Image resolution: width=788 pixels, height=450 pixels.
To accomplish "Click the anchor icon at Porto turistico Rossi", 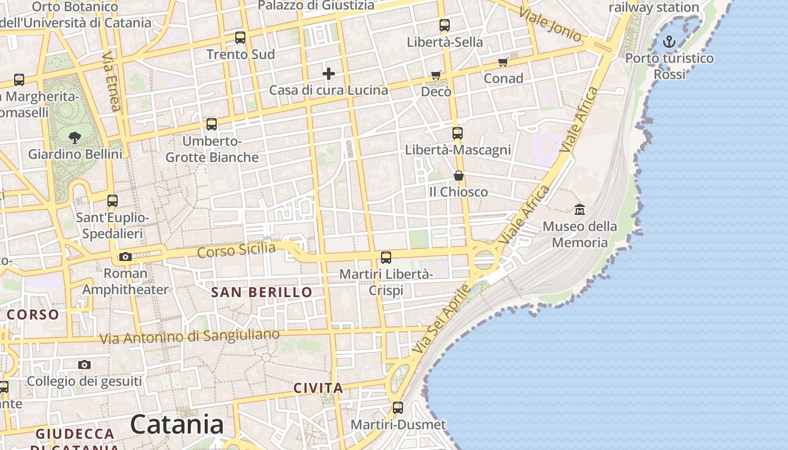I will point(669,41).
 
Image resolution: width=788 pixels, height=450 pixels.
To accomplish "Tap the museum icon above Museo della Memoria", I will point(580,210).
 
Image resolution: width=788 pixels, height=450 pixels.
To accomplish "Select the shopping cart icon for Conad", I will point(503,62).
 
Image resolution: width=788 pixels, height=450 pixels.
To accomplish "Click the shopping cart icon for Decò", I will point(436,75).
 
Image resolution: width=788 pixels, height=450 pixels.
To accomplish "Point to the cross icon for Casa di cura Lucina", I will point(329,74).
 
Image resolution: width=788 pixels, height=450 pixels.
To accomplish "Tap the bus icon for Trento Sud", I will point(240,38).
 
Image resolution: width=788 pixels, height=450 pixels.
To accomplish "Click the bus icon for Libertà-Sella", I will point(445,25).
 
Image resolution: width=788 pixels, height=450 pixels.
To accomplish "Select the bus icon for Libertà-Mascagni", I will point(458,133).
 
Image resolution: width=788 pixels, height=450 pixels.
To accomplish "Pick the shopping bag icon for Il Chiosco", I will point(459,175).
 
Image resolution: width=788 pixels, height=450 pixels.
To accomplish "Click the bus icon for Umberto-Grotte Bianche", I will point(212,124).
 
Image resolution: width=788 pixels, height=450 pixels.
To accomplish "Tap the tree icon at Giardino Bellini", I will point(74,137).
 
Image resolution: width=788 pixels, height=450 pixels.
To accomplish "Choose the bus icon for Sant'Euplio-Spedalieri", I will point(113,201).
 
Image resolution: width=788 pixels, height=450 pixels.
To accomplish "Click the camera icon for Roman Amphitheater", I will point(126,257).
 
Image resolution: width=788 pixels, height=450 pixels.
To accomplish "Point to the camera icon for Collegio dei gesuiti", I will point(84,364).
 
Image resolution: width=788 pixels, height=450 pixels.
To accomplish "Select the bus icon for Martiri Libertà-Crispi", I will point(386,258).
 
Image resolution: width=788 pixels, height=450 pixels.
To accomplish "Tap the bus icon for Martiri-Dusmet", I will point(398,408).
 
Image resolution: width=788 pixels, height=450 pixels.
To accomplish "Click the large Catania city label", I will point(177,425).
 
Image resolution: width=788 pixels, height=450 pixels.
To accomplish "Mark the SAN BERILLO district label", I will point(261,292).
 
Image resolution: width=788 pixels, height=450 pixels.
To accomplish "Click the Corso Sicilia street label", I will point(236,250).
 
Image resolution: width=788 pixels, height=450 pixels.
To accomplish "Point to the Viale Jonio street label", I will point(550,25).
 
